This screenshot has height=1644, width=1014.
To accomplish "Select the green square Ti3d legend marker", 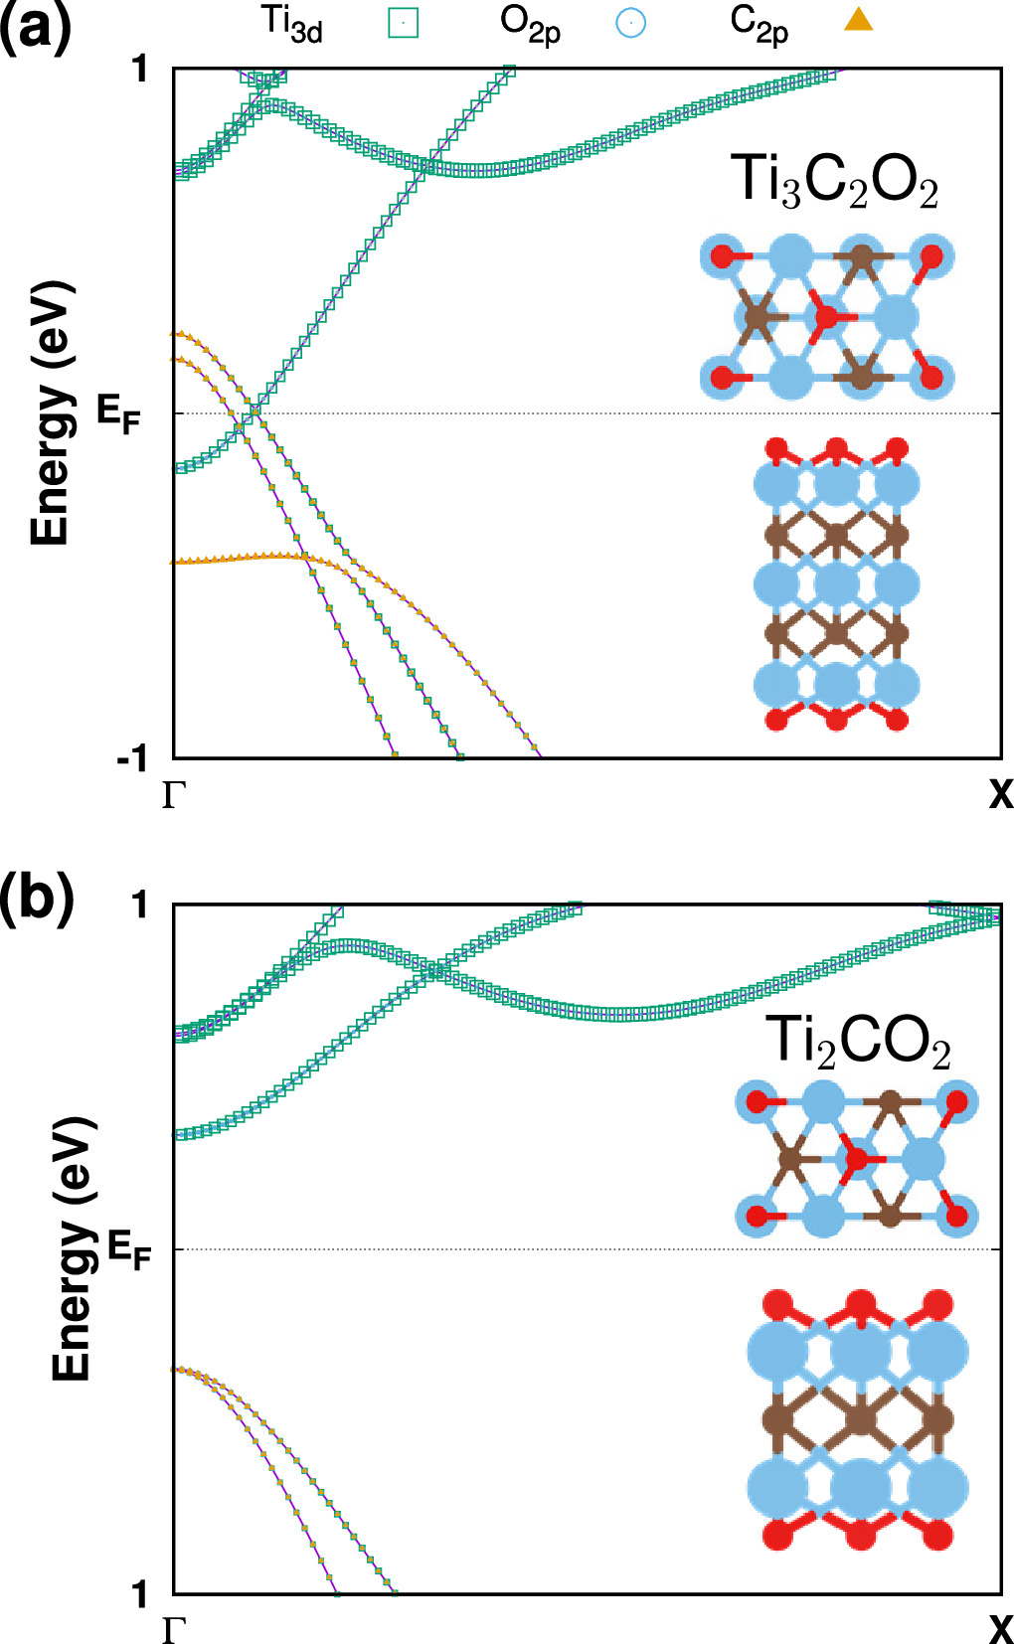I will (x=403, y=22).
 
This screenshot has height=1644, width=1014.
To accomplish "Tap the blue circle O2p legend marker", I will (x=630, y=22).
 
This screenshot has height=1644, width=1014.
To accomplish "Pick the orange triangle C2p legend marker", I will (x=858, y=19).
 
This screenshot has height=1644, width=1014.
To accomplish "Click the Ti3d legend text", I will (x=291, y=23).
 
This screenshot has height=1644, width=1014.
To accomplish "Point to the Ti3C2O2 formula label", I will (x=834, y=182).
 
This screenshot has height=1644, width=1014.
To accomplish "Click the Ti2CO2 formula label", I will (x=858, y=1042).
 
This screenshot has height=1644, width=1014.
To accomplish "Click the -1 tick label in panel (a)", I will (x=132, y=759).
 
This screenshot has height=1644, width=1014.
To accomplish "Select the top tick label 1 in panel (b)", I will (x=140, y=904).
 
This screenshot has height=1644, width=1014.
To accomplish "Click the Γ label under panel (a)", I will (x=174, y=795).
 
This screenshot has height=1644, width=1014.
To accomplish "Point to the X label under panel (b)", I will (x=999, y=1629).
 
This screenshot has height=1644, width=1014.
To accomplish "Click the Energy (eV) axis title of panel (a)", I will (x=50, y=412).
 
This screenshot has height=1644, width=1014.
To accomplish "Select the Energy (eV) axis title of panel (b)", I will (x=72, y=1248).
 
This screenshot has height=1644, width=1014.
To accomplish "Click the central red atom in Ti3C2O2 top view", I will (x=825, y=318).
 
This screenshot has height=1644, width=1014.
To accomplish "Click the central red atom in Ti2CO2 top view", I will (x=856, y=1159).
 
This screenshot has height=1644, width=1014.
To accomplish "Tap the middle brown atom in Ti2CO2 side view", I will (x=858, y=1419).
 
